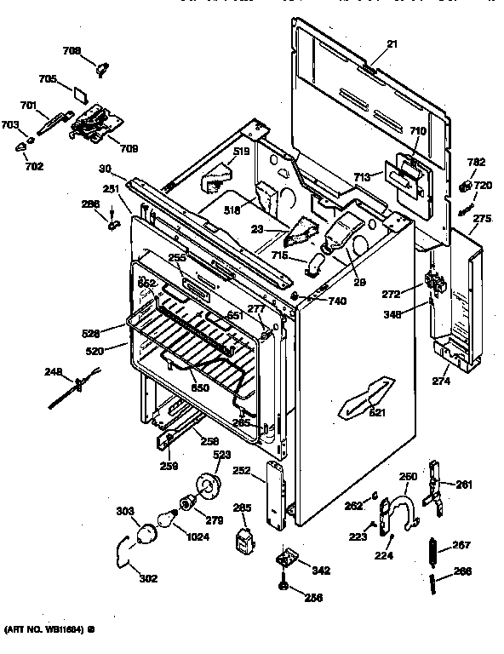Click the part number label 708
(x=72, y=51)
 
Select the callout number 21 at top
(x=368, y=43)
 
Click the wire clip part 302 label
(x=148, y=578)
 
